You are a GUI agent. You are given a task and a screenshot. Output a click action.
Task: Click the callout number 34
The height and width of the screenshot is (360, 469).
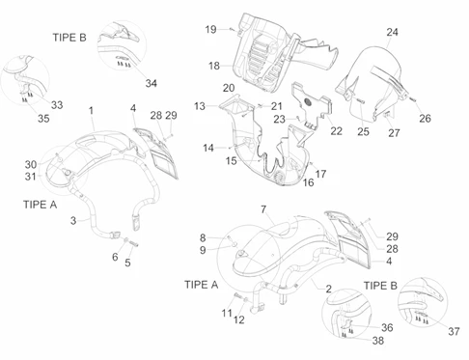151,83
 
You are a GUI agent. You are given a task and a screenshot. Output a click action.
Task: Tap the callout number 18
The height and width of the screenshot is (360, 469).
214,66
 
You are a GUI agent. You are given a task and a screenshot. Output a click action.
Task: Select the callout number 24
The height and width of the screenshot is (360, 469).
392,32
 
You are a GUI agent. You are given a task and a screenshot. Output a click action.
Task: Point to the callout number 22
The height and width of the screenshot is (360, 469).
336,131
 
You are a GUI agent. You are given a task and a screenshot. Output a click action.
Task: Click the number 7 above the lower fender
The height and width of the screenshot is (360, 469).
263,209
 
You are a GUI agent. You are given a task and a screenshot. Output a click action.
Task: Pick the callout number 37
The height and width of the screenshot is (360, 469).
454,331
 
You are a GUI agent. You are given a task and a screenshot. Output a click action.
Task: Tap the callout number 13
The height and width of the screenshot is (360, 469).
200,106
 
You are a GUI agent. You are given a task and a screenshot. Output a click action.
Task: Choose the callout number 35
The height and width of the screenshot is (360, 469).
43,119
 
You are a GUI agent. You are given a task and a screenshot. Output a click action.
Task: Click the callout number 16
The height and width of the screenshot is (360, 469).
308,182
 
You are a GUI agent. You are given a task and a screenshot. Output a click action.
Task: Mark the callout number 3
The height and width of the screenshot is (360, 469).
73,221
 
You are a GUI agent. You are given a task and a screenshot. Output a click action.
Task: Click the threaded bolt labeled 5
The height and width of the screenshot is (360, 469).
134,244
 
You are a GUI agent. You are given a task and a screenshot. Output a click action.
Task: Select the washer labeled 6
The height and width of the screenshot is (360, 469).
126,239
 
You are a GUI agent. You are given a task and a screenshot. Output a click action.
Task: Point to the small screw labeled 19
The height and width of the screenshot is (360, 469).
232,29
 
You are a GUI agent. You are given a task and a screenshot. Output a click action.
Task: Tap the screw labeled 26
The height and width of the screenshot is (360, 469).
412,99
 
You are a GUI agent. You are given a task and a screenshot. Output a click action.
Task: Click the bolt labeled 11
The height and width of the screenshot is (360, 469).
237,294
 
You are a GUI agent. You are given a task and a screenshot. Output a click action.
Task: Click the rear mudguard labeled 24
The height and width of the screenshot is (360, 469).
373,84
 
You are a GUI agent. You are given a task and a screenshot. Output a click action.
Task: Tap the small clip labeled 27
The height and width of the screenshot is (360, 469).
387,113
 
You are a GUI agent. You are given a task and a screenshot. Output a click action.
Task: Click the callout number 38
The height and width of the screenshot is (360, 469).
378,341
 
